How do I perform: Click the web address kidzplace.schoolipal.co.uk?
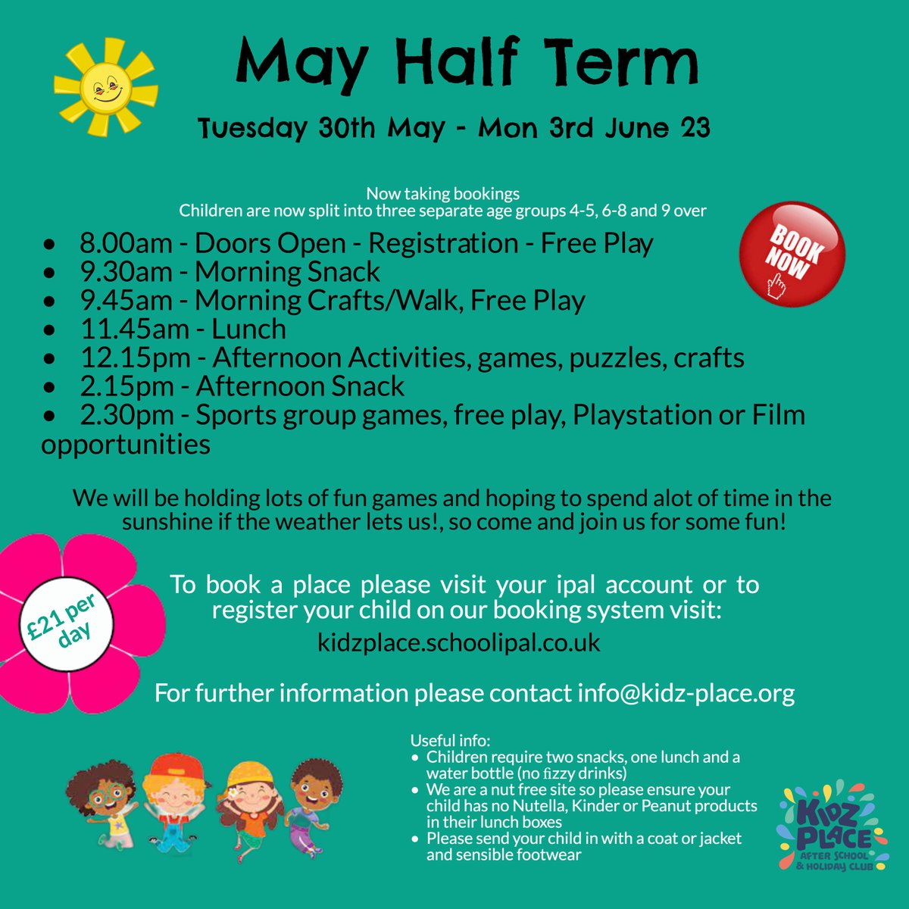459,643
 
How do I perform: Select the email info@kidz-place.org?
686,692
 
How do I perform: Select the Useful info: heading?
450,740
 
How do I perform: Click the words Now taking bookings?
442,194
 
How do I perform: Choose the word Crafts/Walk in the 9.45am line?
383,301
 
